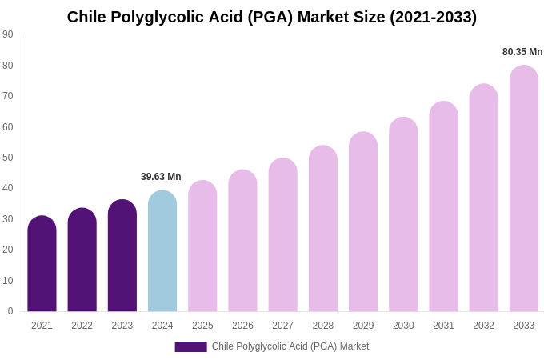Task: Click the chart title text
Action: click(271, 17)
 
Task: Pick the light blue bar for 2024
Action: click(162, 252)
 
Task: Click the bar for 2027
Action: click(282, 236)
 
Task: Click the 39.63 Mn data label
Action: click(161, 177)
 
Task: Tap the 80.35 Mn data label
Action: click(522, 52)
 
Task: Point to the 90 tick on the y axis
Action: click(8, 34)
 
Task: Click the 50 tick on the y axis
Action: click(8, 158)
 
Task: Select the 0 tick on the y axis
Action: click(10, 311)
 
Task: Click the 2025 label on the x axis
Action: click(202, 326)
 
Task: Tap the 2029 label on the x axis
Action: click(363, 326)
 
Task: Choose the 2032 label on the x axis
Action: click(483, 326)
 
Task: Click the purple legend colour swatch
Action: click(190, 347)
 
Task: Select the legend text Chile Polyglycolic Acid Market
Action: click(290, 346)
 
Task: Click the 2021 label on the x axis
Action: click(42, 326)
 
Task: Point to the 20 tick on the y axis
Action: click(8, 250)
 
